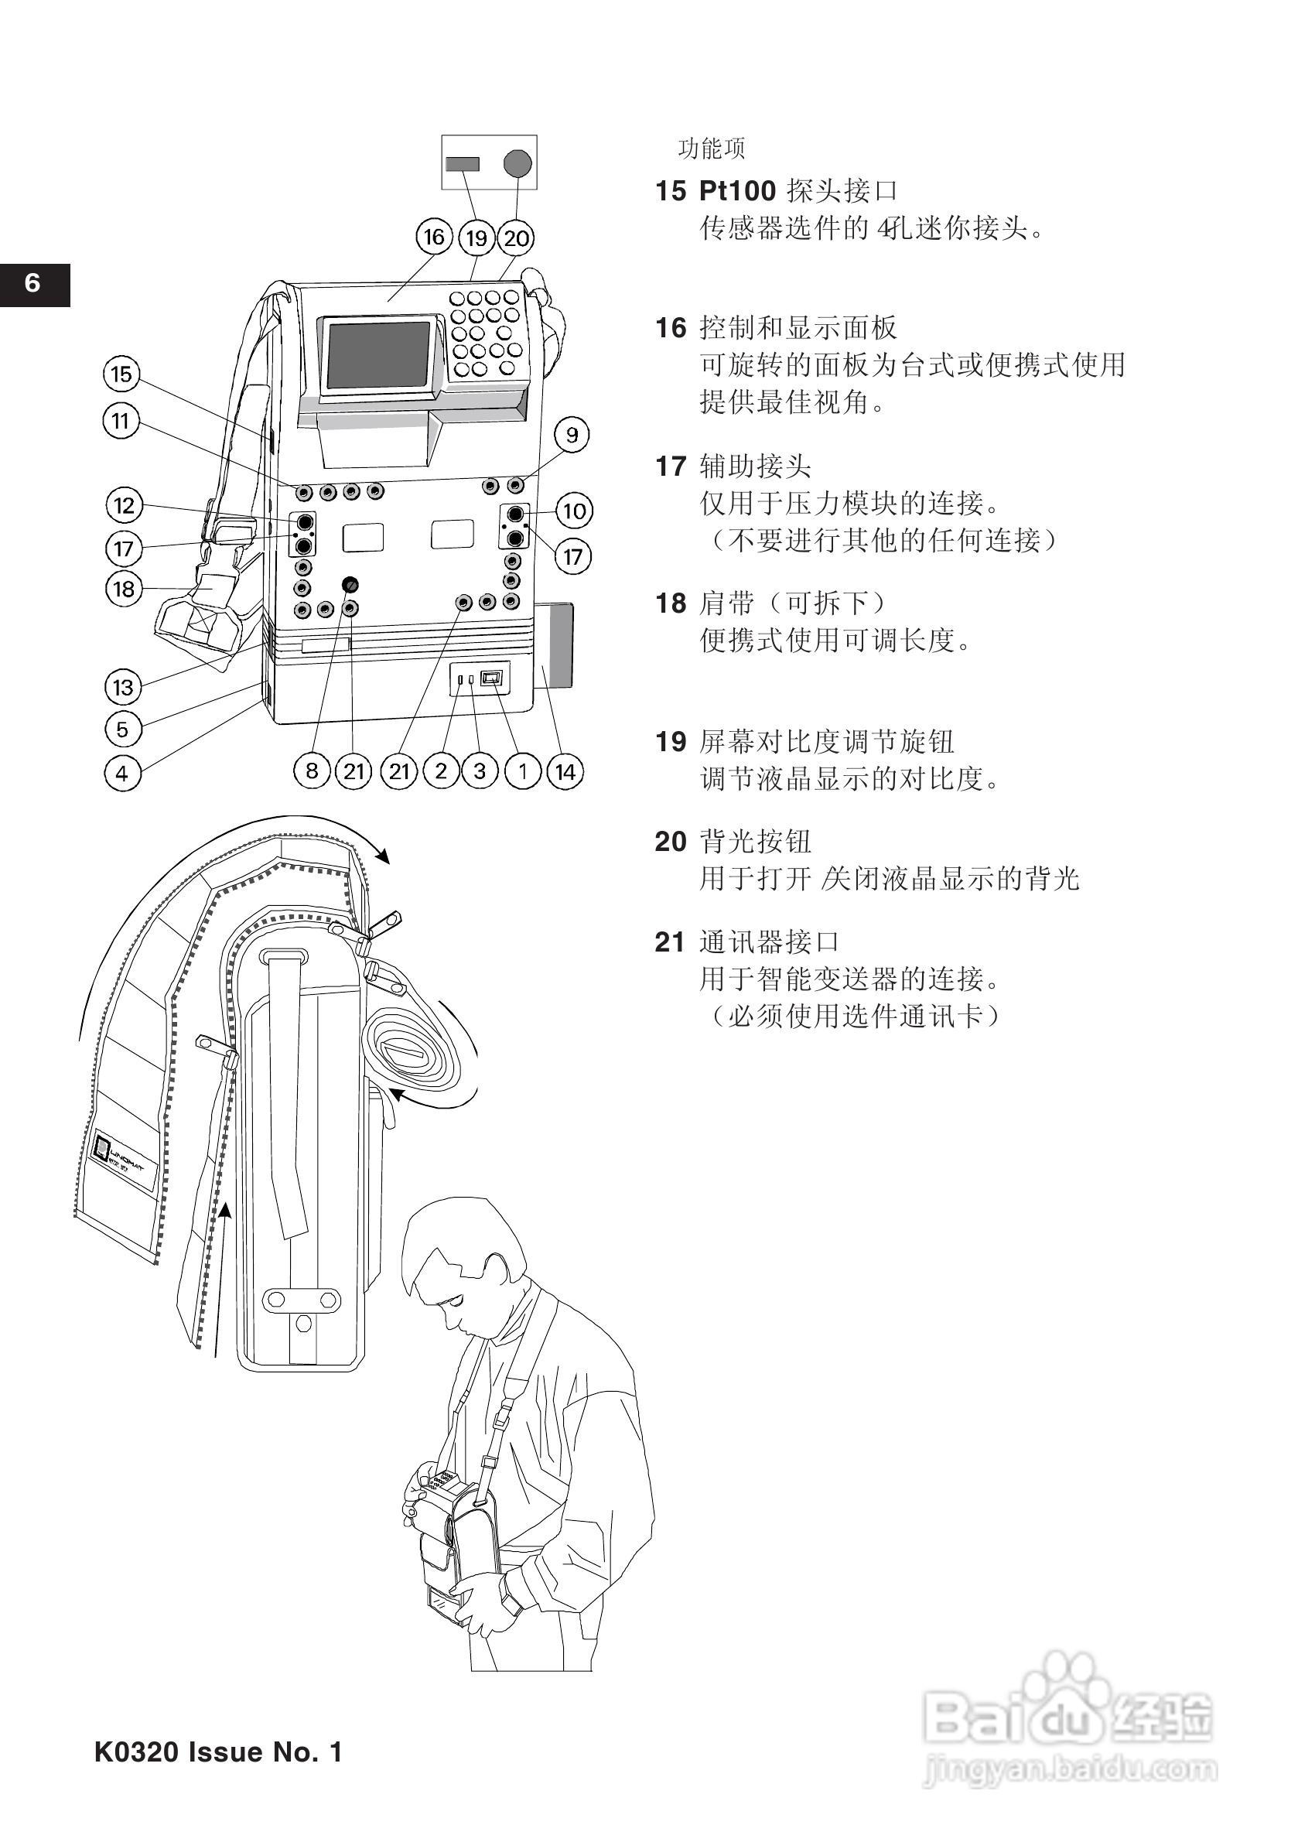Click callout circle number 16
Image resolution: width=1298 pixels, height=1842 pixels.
coord(433,238)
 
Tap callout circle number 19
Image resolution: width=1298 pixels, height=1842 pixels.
coord(477,238)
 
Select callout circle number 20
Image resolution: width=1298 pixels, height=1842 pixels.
coord(517,238)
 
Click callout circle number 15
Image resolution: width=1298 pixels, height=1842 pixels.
coord(121,374)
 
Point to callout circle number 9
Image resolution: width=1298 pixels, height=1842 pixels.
coord(572,435)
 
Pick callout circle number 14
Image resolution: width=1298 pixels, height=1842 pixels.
coord(565,772)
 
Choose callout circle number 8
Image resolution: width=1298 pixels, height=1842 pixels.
coord(312,772)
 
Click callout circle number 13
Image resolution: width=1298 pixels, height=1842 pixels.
coord(123,687)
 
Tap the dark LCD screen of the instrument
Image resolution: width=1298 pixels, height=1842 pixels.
coord(380,354)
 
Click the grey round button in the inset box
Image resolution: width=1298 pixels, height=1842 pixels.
coord(517,164)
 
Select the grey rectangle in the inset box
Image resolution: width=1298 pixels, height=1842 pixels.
coord(463,164)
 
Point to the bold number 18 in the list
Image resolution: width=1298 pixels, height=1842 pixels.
coord(671,603)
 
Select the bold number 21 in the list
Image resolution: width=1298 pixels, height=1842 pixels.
coord(671,942)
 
